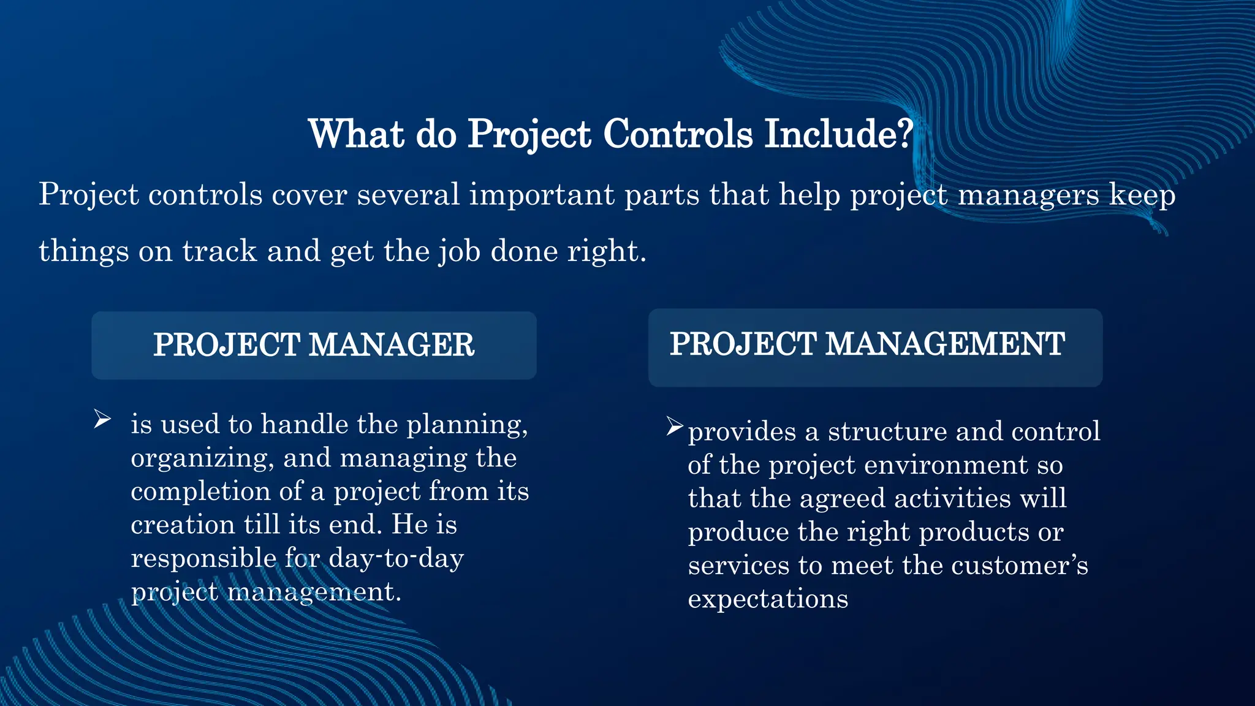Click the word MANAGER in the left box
tap(392, 345)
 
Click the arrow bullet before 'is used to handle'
tap(102, 420)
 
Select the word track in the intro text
tap(219, 251)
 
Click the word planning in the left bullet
tap(466, 425)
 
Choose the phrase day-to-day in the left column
tap(396, 558)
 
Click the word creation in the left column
tap(183, 525)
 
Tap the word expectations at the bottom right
tap(768, 599)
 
